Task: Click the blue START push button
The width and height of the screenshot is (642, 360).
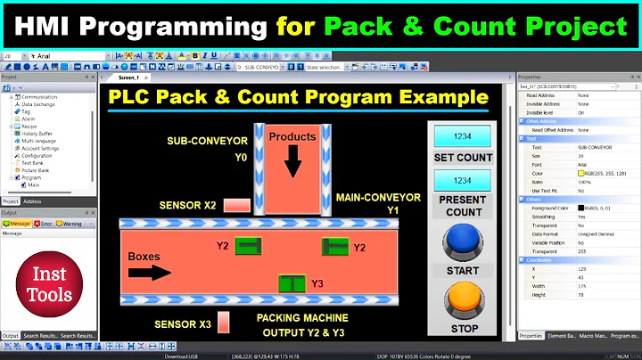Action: (461, 241)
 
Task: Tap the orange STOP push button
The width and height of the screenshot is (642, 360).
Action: (461, 298)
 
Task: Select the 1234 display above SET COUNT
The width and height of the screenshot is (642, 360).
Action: (463, 136)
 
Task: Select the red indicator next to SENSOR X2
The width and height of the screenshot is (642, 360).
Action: (236, 205)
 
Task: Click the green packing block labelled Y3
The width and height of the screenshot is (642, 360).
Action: (291, 284)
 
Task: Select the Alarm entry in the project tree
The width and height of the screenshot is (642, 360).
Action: (29, 119)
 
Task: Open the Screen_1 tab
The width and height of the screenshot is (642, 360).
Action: (129, 78)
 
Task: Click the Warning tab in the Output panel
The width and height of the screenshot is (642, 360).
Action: (70, 224)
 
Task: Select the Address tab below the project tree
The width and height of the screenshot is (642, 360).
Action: (32, 201)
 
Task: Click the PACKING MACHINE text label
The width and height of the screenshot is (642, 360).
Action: (302, 317)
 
